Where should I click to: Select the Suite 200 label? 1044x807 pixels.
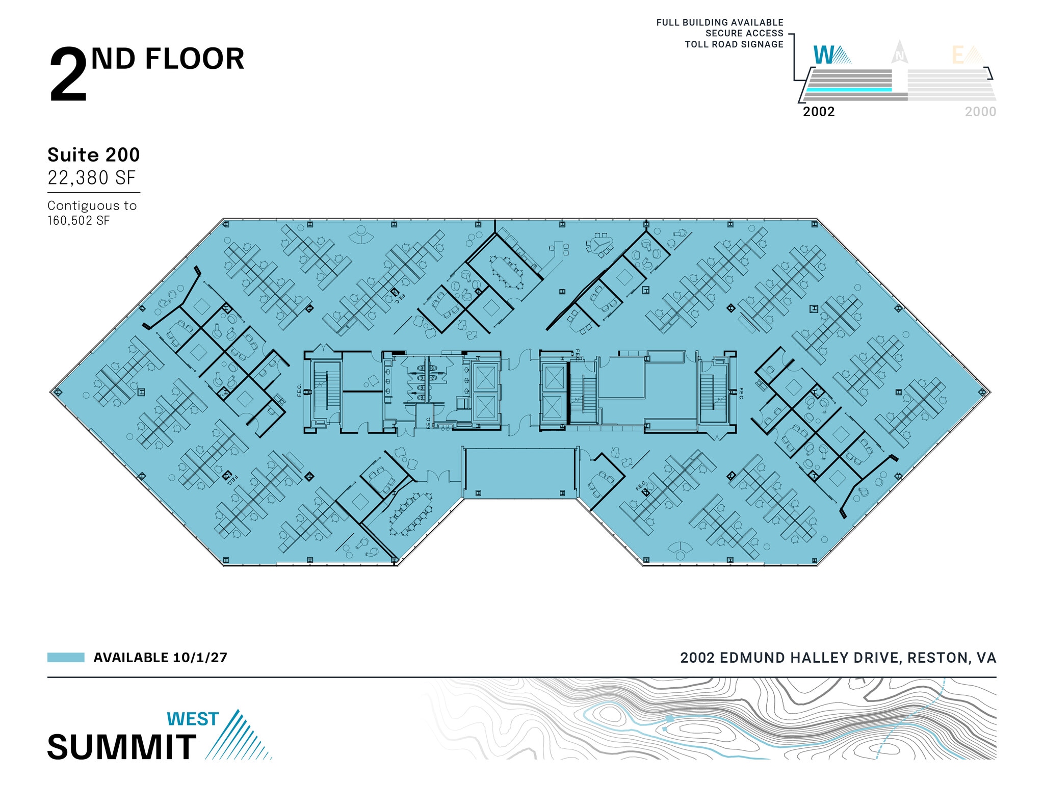pos(93,155)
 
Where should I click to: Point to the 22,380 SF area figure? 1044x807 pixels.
pos(92,178)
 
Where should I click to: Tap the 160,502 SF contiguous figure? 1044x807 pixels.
pos(79,221)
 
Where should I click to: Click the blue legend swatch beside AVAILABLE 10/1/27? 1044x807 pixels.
pos(66,657)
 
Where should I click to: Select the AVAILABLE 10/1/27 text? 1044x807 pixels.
pos(160,658)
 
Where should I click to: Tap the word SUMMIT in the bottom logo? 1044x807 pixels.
pos(122,747)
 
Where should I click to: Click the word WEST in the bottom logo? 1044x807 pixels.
pos(193,719)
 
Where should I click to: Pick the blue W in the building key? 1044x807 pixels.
pos(824,55)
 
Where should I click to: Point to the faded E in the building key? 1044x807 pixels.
pos(958,55)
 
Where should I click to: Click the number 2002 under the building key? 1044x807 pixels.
pos(819,112)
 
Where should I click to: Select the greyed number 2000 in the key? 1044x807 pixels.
pos(980,112)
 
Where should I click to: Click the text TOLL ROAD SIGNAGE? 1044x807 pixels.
pos(734,44)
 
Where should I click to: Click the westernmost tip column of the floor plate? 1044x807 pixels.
pos(57,392)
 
